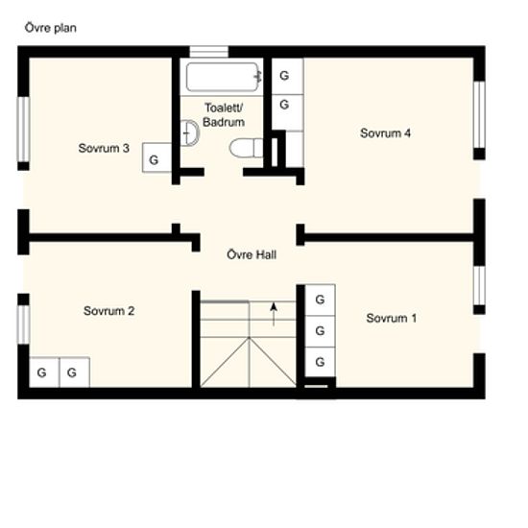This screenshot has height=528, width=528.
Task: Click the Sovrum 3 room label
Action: click(x=104, y=148)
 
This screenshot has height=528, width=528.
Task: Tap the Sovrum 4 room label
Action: click(x=385, y=133)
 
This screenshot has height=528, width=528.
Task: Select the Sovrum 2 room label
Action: click(x=108, y=310)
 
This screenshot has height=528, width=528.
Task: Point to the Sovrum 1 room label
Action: click(x=392, y=318)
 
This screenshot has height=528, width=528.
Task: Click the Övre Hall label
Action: click(x=252, y=254)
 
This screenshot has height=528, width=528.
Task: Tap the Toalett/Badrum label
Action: click(x=224, y=115)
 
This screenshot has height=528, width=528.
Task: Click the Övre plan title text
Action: click(x=51, y=28)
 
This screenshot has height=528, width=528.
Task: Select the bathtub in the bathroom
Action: click(x=224, y=77)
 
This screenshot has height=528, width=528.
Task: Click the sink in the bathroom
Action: click(x=189, y=133)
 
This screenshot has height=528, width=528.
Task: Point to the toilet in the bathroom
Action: click(x=246, y=148)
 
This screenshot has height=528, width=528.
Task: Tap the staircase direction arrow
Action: click(x=274, y=314)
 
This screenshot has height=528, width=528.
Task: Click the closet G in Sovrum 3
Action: click(x=157, y=157)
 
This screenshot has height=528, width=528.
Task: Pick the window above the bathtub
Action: click(x=208, y=52)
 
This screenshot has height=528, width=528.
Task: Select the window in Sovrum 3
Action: click(x=23, y=130)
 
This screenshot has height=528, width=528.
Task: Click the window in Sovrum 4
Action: click(x=479, y=114)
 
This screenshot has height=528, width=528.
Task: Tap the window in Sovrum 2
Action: click(x=23, y=324)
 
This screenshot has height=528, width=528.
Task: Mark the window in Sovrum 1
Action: click(x=479, y=285)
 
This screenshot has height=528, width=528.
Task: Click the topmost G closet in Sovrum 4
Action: click(x=288, y=76)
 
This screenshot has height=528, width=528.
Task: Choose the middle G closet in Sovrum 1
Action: click(x=321, y=331)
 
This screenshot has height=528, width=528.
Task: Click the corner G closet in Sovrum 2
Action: click(x=44, y=372)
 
